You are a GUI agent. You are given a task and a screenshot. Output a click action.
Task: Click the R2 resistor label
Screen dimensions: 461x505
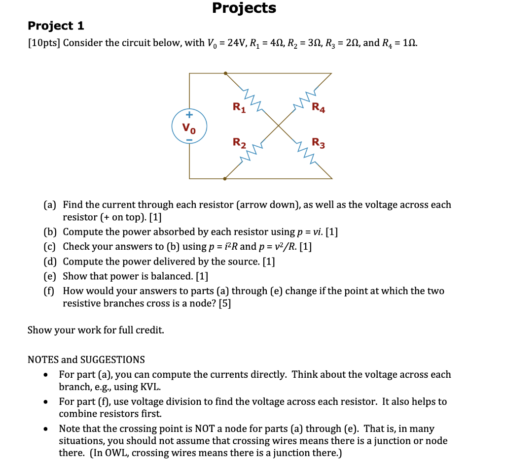[239, 143]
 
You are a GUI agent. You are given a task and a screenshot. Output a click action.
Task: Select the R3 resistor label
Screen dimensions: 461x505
[319, 144]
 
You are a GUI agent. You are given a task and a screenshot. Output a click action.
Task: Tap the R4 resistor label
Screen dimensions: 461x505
[319, 107]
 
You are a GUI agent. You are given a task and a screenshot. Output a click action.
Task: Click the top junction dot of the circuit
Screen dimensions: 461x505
[225, 73]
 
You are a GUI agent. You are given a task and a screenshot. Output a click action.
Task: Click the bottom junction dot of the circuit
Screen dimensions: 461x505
[225, 178]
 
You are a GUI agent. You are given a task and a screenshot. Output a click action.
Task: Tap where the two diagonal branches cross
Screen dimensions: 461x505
[279, 126]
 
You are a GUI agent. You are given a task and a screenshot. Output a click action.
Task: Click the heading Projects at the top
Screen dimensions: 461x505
[244, 8]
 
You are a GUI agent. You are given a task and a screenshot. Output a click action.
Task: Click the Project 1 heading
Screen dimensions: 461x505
[56, 26]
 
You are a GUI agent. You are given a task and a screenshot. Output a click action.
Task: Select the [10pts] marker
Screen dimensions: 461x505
[43, 43]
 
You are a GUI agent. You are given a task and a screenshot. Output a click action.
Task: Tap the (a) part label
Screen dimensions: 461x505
[50, 204]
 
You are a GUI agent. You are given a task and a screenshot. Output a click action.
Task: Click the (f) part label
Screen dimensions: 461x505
[49, 291]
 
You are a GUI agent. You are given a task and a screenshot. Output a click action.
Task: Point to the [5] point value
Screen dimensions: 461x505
[224, 303]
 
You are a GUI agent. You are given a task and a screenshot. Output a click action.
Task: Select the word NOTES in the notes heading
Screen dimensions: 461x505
[43, 360]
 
